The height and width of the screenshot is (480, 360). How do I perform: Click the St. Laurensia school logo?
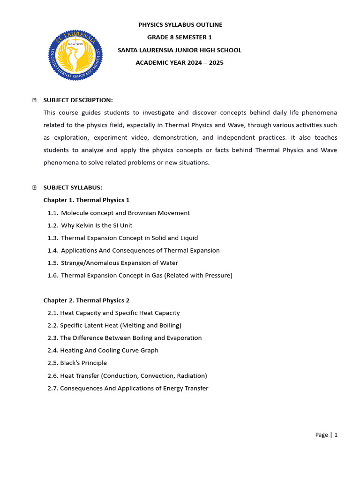click(x=75, y=54)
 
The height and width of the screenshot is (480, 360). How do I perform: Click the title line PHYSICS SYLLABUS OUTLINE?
click(x=180, y=25)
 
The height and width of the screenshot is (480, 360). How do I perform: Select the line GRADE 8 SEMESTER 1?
click(x=180, y=37)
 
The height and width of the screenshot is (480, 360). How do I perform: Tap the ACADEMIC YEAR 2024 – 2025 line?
click(x=180, y=63)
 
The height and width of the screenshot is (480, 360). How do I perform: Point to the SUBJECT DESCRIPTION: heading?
click(x=78, y=100)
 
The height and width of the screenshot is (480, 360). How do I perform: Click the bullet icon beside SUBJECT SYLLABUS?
click(x=34, y=187)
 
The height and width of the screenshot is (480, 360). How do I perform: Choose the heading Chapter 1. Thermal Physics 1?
click(x=86, y=200)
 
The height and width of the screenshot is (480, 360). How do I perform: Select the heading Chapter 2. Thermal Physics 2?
click(x=86, y=300)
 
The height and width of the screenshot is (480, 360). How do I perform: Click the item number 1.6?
click(x=52, y=276)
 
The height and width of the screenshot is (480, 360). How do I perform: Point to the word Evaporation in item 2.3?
click(x=184, y=338)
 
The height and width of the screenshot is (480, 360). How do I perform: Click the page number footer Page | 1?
click(x=326, y=435)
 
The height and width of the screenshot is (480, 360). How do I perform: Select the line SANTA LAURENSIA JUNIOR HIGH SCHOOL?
click(x=180, y=50)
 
